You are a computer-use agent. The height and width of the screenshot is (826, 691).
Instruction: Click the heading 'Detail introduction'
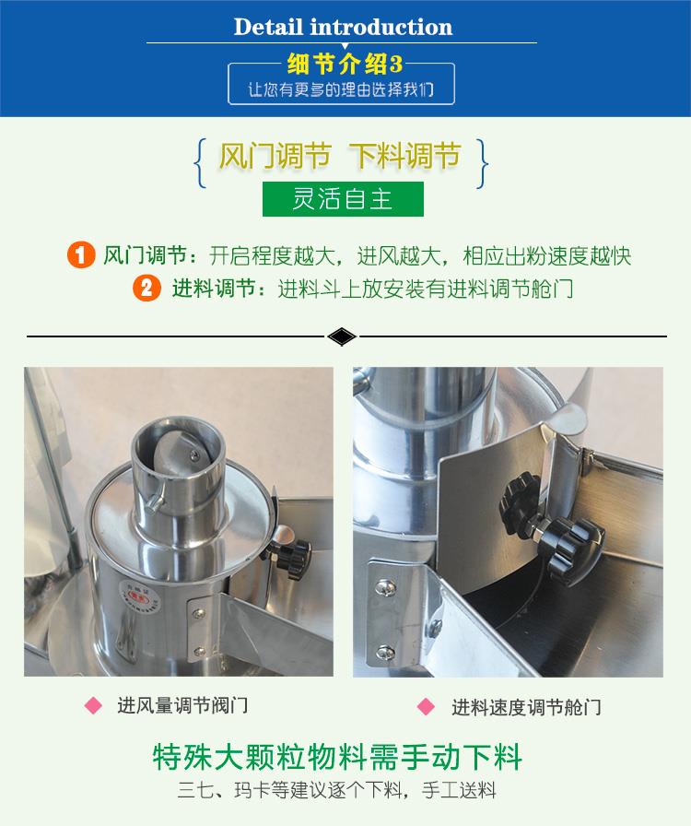click(x=343, y=27)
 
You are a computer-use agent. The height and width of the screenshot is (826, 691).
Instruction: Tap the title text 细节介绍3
click(x=345, y=66)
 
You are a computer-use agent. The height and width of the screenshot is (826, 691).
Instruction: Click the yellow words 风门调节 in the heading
click(x=275, y=156)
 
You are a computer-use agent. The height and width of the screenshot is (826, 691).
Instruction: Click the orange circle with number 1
click(x=81, y=255)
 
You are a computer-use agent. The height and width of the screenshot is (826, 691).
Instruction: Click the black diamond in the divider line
click(x=341, y=336)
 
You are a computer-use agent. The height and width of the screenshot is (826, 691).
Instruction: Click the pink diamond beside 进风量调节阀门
click(x=93, y=706)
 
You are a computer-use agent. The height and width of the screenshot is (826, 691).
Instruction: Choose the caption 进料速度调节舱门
click(x=526, y=707)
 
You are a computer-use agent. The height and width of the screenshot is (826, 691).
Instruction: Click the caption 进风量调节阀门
click(x=182, y=706)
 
